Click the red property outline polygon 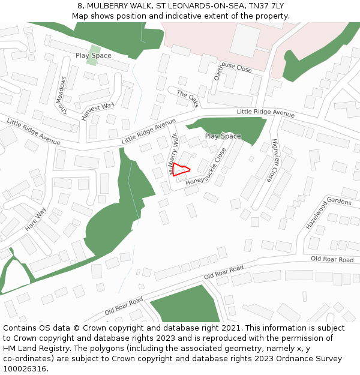pyautogui.click(x=181, y=170)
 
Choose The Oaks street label pyautogui.click(x=187, y=98)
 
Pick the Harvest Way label pyautogui.click(x=97, y=111)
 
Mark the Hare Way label pyautogui.click(x=35, y=220)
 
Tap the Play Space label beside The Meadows pyautogui.click(x=93, y=55)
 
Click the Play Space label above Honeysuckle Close pyautogui.click(x=223, y=136)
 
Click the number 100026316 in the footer pyautogui.click(x=23, y=368)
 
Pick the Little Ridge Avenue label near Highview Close pyautogui.click(x=265, y=112)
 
